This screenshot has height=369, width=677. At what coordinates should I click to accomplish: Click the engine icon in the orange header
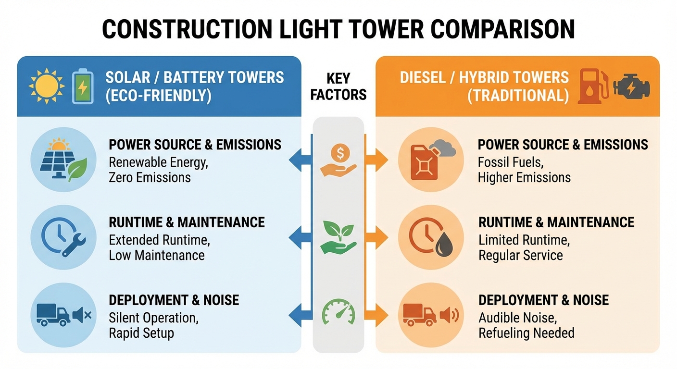pos(631,87)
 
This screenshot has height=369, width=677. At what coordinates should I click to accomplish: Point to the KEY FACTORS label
pos(338,86)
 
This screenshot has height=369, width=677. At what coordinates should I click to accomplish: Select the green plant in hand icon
pos(338,236)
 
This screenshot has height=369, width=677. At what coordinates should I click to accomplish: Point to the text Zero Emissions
pos(150,177)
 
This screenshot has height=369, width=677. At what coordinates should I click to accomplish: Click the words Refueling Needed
pos(526,332)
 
